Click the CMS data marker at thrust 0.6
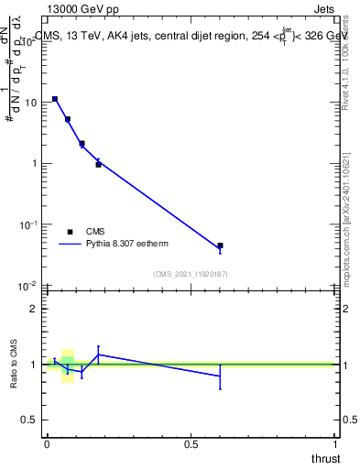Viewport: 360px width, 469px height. click(220, 245)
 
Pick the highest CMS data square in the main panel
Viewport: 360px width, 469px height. click(55, 99)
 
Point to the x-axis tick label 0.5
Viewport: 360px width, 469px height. click(191, 443)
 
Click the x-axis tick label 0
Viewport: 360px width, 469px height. click(47, 443)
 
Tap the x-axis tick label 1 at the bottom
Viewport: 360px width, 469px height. click(335, 443)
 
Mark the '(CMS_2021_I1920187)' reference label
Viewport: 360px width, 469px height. click(191, 274)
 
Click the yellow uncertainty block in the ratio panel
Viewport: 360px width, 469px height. click(68, 365)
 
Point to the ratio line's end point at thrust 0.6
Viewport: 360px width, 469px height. click(220, 376)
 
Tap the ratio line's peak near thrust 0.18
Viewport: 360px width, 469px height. click(98, 354)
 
